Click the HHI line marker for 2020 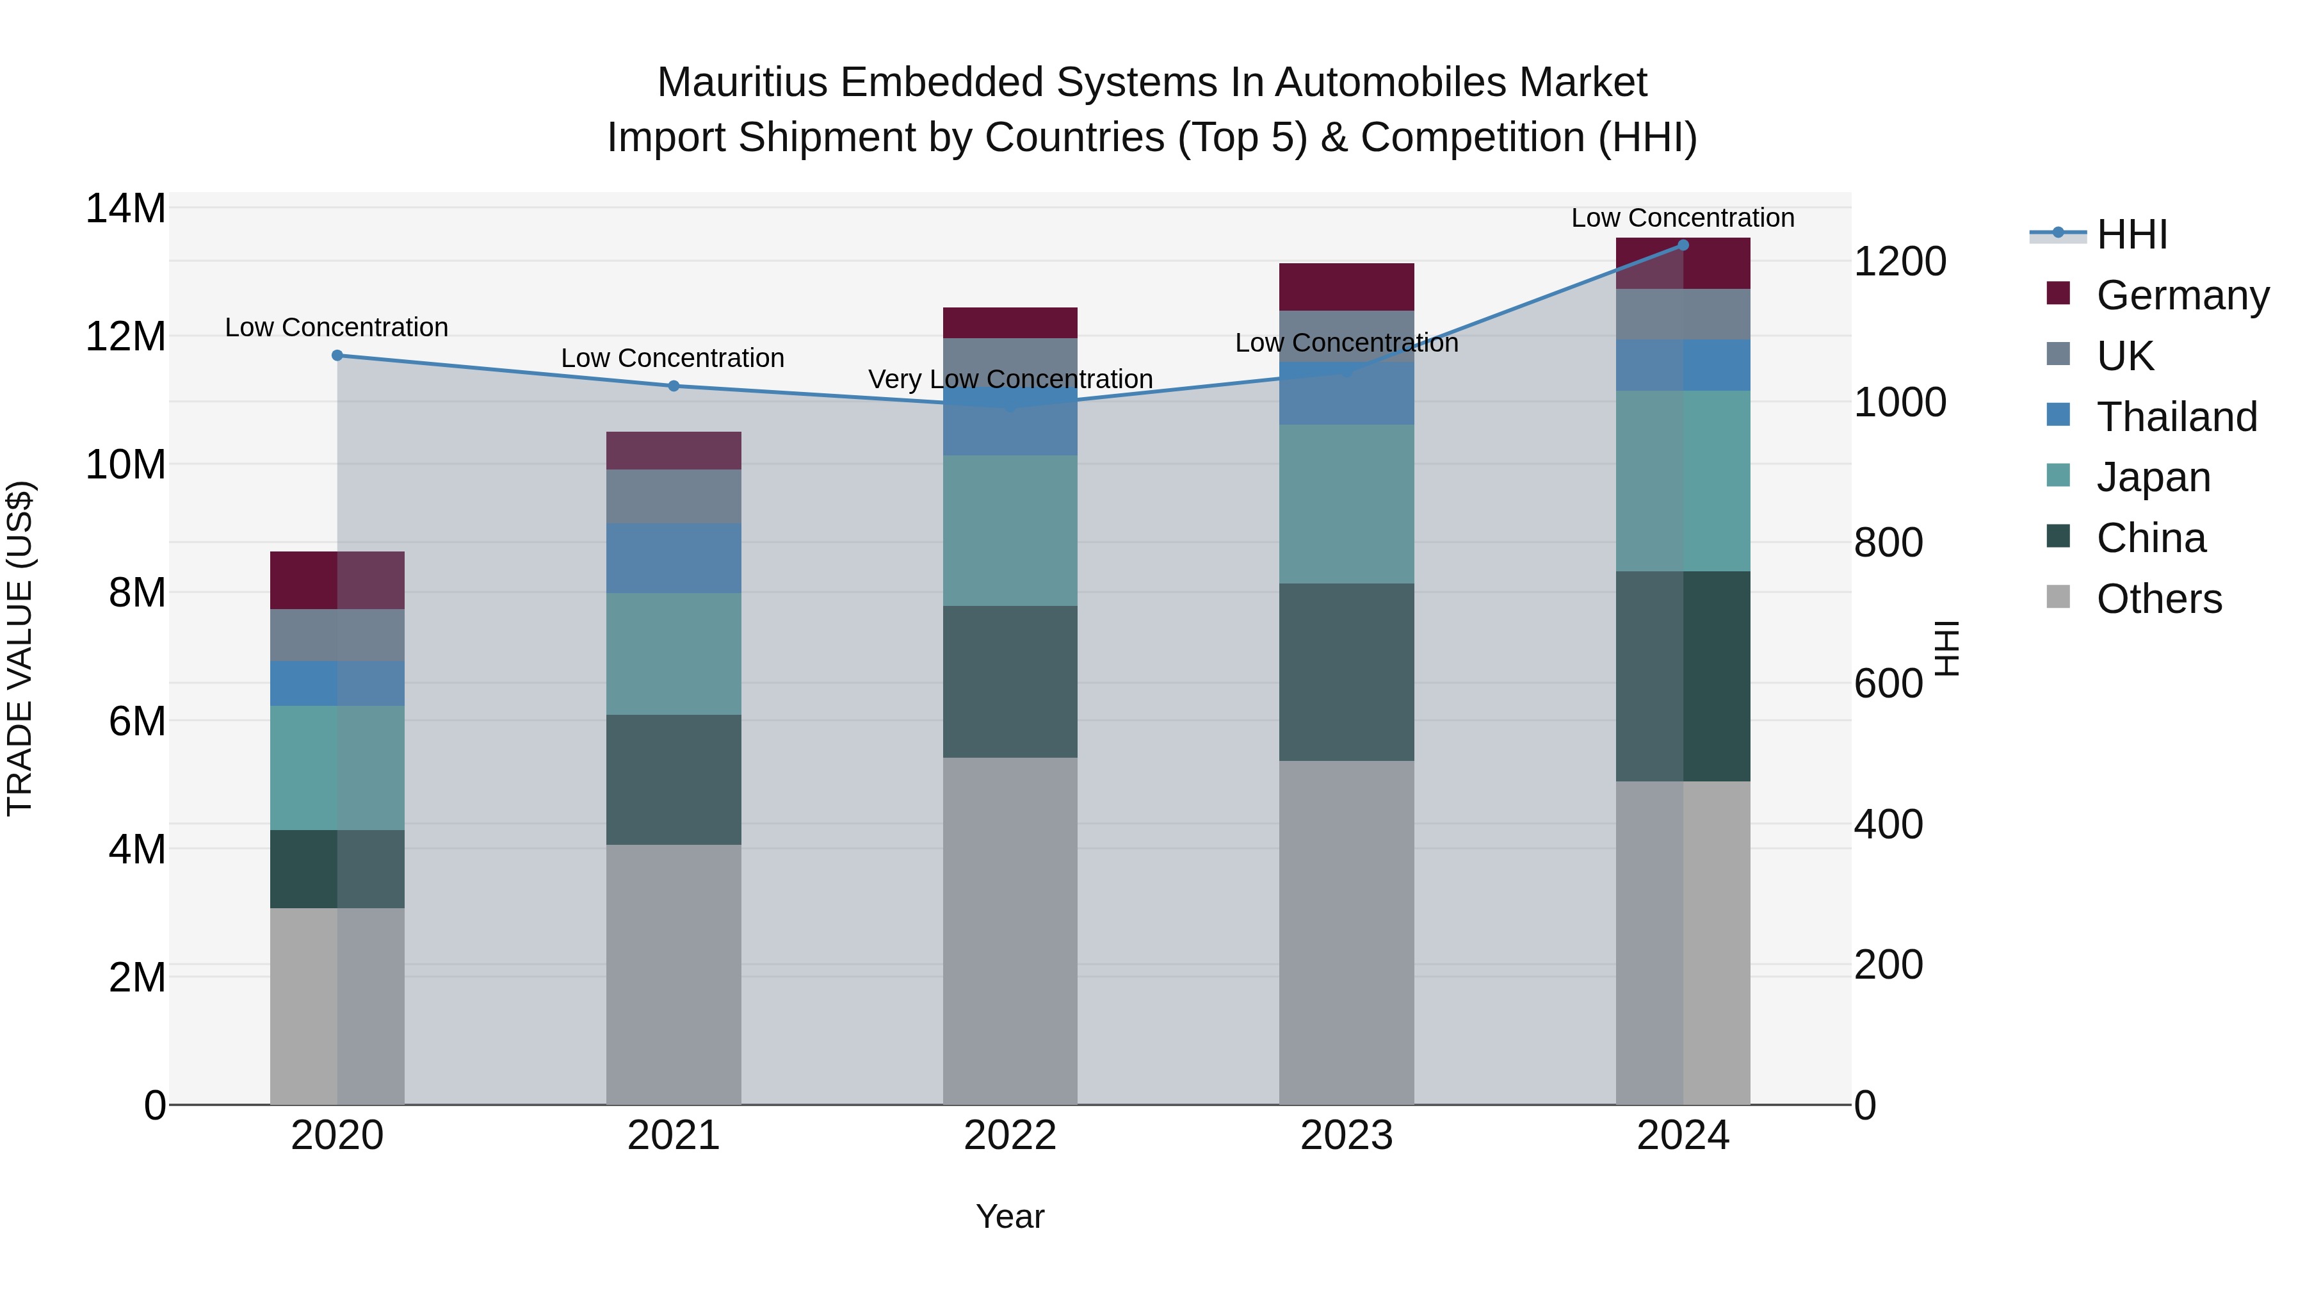click(x=337, y=355)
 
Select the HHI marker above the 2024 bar click(x=1683, y=245)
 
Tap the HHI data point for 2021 click(x=674, y=386)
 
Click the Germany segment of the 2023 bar click(x=1347, y=286)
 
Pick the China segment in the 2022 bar click(x=1010, y=681)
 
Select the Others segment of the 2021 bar click(x=674, y=974)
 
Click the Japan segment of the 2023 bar click(x=1347, y=504)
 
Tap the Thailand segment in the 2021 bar click(x=674, y=558)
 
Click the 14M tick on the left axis click(x=125, y=209)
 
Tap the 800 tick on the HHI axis click(x=1888, y=542)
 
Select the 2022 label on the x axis click(x=1010, y=1136)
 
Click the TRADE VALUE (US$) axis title click(x=20, y=648)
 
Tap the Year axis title click(x=1010, y=1216)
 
